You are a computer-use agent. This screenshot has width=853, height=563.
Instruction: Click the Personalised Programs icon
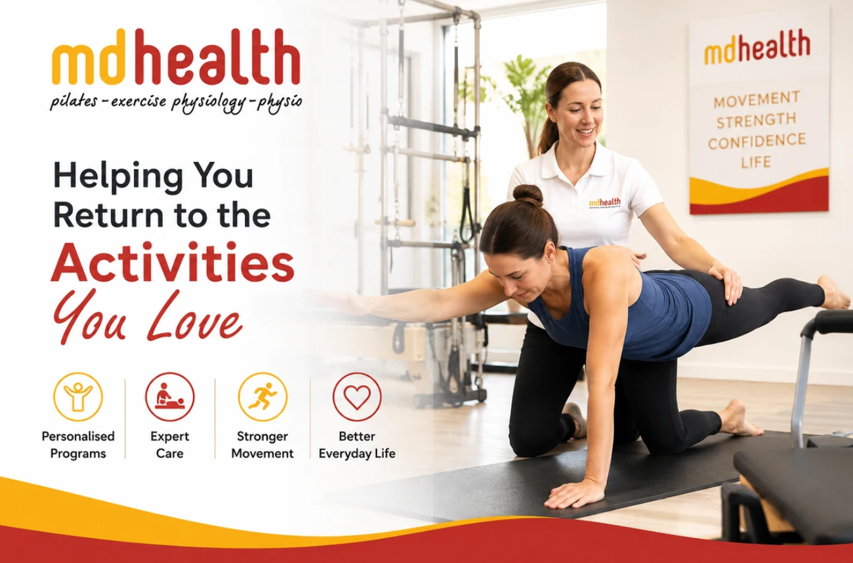[x=77, y=397]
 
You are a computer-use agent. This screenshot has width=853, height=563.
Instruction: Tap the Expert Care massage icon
[x=170, y=397]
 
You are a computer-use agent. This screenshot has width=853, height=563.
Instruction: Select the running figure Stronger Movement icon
[x=262, y=397]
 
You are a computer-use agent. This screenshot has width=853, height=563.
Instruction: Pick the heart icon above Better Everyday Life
[x=357, y=397]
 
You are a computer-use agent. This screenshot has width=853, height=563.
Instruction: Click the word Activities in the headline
[x=173, y=262]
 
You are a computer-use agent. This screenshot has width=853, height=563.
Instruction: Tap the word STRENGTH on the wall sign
[x=757, y=121]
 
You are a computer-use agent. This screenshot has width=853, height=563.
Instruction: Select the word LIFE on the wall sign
[x=756, y=163]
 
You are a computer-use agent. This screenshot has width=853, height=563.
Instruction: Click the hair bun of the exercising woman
[x=528, y=195]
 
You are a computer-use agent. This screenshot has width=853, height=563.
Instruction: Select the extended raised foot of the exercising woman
[x=834, y=293]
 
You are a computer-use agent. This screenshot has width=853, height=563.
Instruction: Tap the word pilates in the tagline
[x=73, y=102]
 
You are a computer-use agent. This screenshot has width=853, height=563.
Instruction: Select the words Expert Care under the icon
[x=169, y=444]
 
